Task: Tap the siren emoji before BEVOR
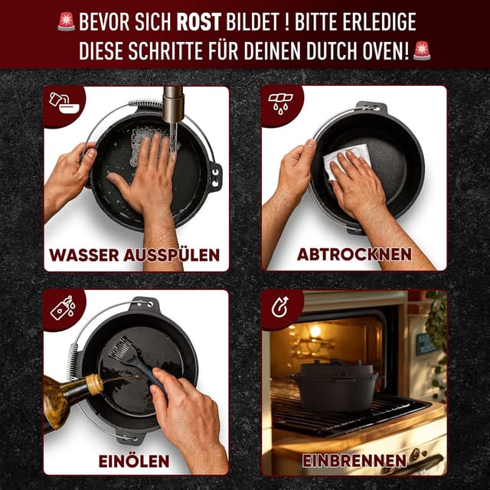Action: point(66,21)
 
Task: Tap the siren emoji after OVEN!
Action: point(421,51)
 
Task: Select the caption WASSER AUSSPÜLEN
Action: point(136,253)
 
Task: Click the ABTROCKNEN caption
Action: point(354,253)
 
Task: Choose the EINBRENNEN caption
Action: point(354,461)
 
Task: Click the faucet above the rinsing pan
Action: point(174,107)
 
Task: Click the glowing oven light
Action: point(315,331)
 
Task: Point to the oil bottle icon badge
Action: point(61,306)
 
